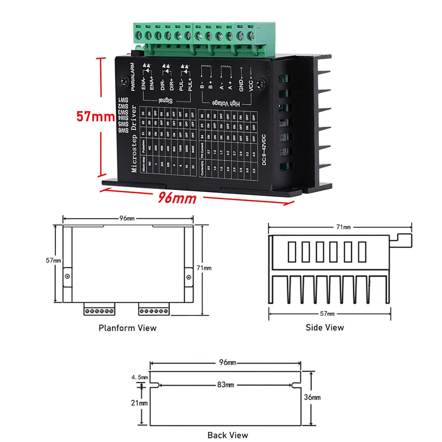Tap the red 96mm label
pos(177,199)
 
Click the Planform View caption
pos(127,328)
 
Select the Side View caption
pos(325,327)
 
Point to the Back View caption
pos(228,435)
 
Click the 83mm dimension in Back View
pos(226,385)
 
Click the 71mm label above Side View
pos(343,227)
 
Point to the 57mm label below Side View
pos(328,313)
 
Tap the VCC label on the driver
pos(251,87)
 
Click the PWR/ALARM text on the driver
pos(133,77)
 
